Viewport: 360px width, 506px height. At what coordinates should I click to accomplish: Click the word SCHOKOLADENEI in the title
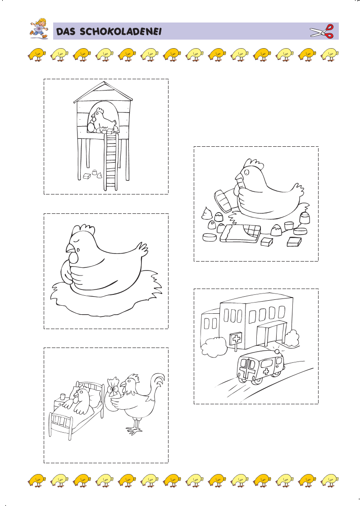coord(120,32)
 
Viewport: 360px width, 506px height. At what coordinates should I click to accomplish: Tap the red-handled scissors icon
coord(322,32)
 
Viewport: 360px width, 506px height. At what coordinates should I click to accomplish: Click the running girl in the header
coord(39,29)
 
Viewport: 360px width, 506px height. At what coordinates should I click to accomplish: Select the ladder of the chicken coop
coord(111,161)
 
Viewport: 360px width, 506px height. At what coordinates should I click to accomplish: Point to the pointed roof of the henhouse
coord(104,92)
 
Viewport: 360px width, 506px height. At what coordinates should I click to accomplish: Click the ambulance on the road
coord(260,368)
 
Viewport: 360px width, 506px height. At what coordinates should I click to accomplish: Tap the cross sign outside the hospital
coord(237,339)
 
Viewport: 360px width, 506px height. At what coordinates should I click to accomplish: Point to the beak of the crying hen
coord(70,248)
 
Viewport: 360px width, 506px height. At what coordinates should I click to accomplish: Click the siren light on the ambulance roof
coord(277,351)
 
